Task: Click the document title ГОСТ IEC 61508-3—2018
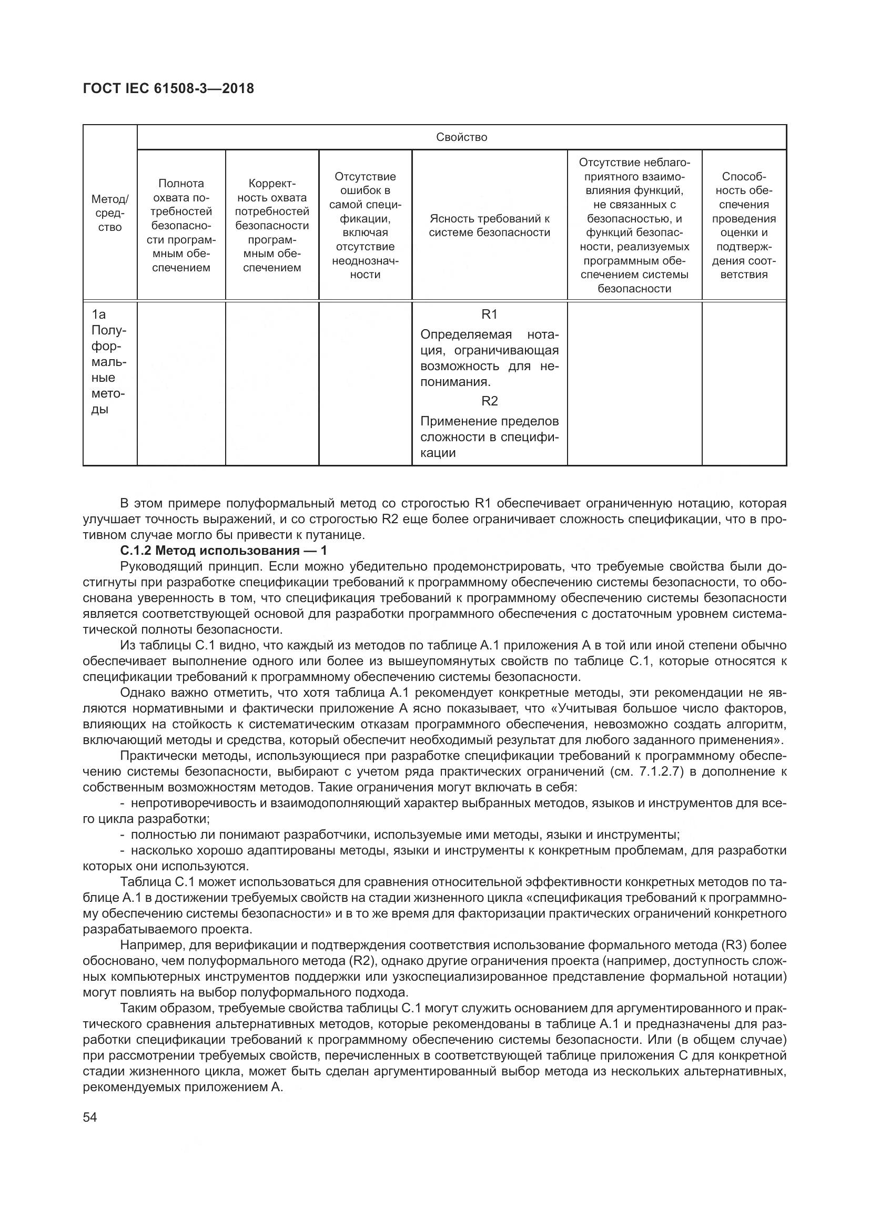point(168,88)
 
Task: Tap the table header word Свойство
point(461,137)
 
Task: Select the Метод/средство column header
point(110,213)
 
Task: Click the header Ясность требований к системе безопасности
point(489,226)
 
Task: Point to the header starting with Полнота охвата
point(181,226)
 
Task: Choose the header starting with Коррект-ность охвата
point(272,226)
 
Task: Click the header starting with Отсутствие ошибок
point(365,226)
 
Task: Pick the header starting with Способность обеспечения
point(744,226)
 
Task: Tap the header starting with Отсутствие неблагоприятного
point(634,226)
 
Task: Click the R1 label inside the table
point(489,314)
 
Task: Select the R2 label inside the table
point(489,401)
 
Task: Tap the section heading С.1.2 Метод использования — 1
point(224,551)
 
